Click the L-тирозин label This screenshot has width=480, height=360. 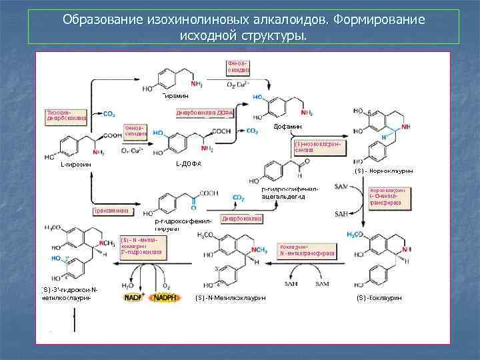[75, 163]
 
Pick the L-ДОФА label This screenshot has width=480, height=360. [189, 163]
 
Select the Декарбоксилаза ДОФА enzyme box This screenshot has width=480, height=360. [205, 113]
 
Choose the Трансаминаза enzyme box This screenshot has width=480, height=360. [112, 211]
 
